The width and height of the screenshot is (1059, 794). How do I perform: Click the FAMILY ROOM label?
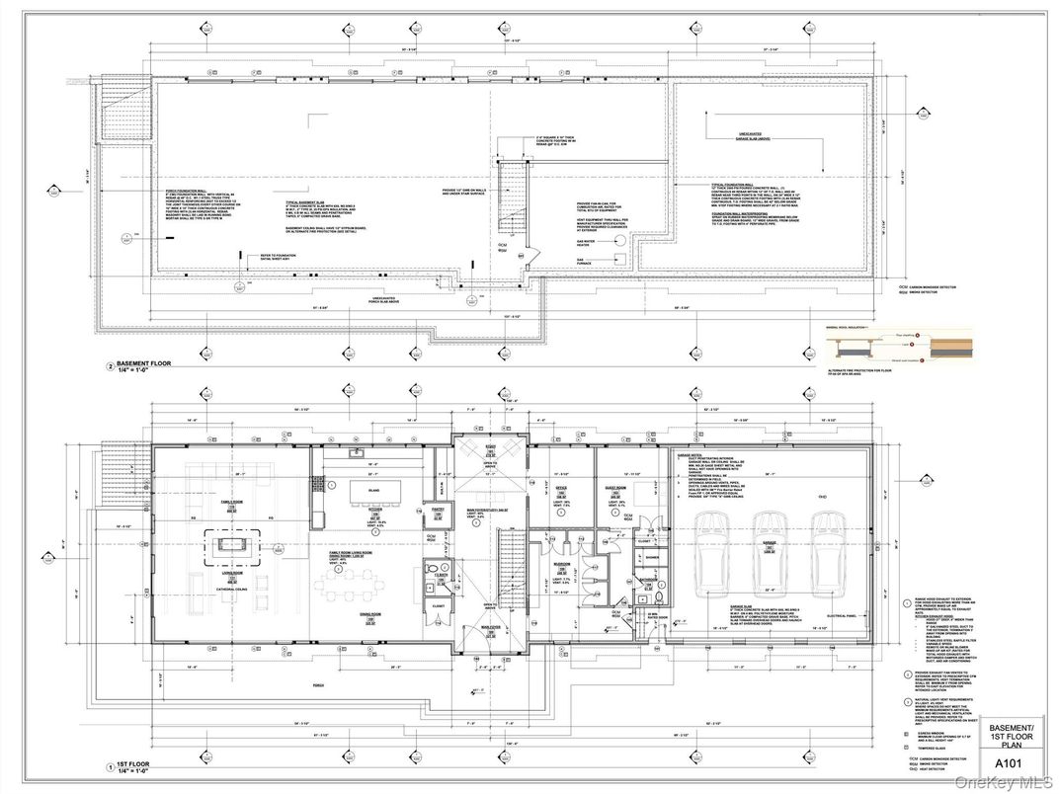click(234, 506)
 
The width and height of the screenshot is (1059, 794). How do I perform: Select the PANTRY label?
click(436, 509)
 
